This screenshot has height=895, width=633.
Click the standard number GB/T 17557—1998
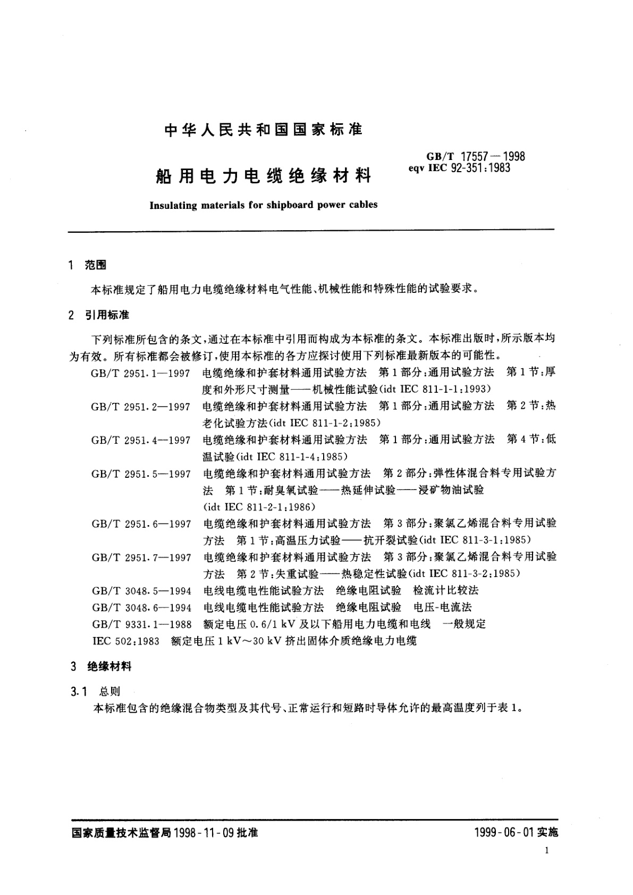(x=475, y=156)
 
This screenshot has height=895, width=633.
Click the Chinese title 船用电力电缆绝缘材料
(x=264, y=176)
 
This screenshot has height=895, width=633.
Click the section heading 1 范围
(x=88, y=265)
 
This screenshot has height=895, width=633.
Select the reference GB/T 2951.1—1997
(x=141, y=373)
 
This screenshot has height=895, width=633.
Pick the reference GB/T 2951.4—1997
(x=141, y=440)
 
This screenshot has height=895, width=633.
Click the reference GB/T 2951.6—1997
(x=141, y=524)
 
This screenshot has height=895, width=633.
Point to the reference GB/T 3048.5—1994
(x=141, y=590)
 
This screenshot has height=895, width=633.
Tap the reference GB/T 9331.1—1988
(x=141, y=624)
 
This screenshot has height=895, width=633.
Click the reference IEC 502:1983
(x=126, y=641)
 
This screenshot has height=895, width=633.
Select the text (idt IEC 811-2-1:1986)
(x=259, y=506)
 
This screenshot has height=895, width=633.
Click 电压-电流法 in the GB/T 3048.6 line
(x=443, y=607)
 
